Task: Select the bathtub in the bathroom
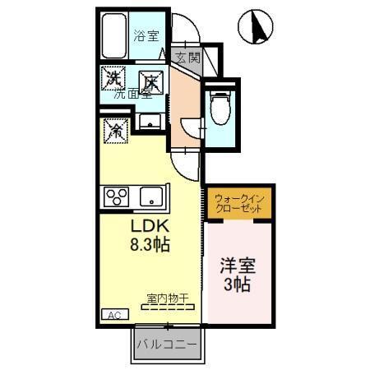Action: click(115, 37)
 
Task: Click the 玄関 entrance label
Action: click(187, 58)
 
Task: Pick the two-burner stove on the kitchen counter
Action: click(116, 196)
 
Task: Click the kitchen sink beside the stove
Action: click(151, 196)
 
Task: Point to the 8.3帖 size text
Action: click(149, 244)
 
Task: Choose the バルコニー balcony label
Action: click(167, 343)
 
